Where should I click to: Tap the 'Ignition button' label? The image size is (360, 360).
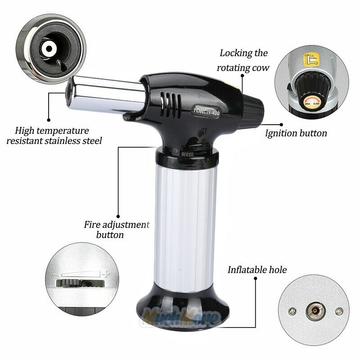coord(296,133)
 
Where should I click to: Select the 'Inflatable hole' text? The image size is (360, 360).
coord(257,270)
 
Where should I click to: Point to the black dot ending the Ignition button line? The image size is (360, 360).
coord(282,124)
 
